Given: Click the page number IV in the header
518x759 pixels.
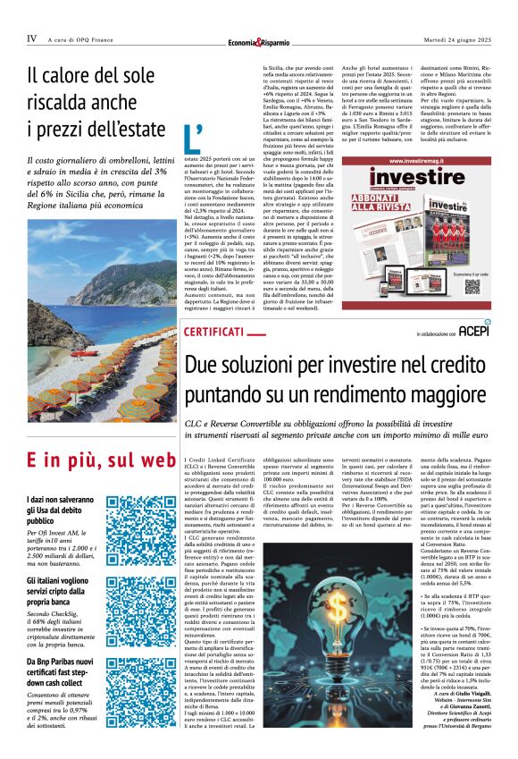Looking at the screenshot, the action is coord(31,38).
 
